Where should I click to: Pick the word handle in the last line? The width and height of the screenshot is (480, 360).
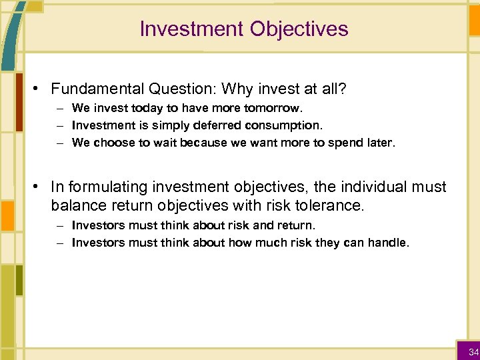(x=389, y=243)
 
